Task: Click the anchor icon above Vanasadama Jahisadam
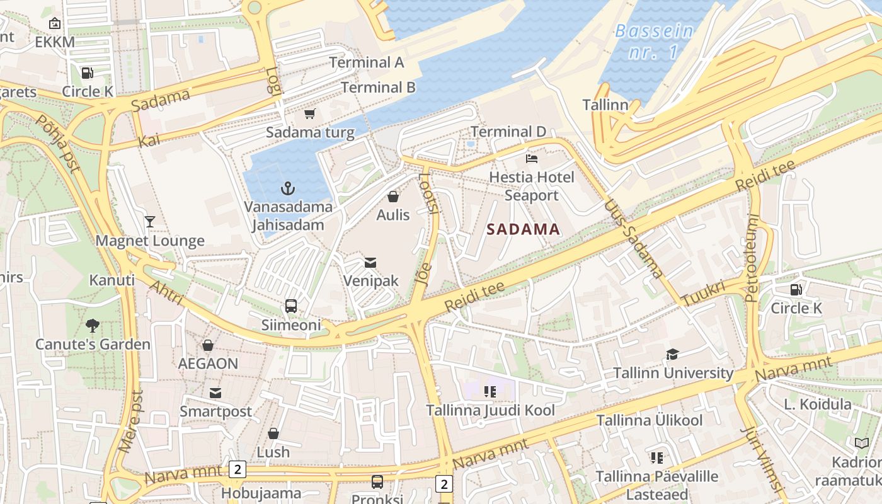pos(288,188)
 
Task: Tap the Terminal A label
pos(367,62)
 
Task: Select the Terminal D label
pos(508,132)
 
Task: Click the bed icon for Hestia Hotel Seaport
pos(532,159)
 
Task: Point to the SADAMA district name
pos(524,229)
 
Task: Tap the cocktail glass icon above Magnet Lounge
pos(150,221)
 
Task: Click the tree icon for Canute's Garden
pos(93,326)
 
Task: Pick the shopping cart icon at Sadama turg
pos(309,114)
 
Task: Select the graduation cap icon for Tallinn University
pos(672,355)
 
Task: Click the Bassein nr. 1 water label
pos(654,42)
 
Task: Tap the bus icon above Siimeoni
pos(290,306)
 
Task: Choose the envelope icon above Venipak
pos(370,262)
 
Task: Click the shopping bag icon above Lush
pos(273,433)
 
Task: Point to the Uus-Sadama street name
pos(633,239)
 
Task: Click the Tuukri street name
pos(703,294)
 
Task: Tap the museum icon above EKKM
pos(55,24)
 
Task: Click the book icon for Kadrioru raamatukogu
pos(861,443)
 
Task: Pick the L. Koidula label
pos(818,404)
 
